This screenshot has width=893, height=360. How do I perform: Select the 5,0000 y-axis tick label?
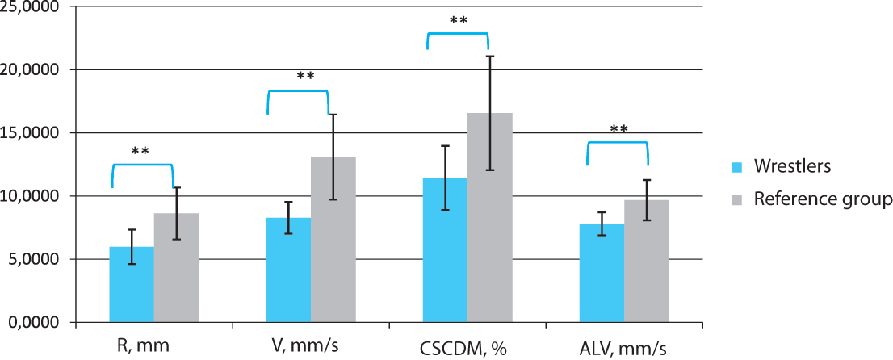click(36, 260)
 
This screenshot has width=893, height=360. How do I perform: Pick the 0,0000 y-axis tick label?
click(36, 323)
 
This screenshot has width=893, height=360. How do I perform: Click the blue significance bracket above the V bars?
click(298, 92)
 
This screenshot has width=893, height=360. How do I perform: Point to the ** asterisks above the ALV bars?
click(618, 130)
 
